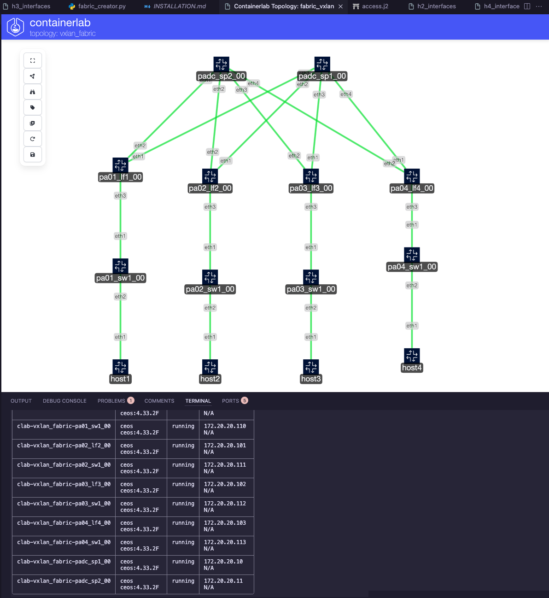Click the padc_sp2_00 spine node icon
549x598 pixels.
point(221,64)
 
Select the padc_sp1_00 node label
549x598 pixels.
point(322,76)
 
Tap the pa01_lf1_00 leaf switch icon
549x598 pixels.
point(120,165)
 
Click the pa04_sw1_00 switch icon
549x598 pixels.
point(412,255)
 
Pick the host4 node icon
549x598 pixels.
point(412,356)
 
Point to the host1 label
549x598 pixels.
point(120,379)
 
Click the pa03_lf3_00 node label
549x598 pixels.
point(311,188)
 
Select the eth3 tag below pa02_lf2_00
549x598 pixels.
point(210,207)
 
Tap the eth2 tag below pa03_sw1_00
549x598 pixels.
point(311,308)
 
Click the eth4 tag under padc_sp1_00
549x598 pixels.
point(346,94)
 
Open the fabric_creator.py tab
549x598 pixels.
point(101,6)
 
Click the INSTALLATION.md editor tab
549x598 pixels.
point(179,6)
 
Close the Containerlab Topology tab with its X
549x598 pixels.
point(341,6)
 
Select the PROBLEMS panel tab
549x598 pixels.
point(111,401)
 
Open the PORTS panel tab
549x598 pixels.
point(230,401)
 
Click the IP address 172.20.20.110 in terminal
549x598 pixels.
point(225,426)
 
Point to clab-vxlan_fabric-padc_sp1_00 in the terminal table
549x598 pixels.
point(64,562)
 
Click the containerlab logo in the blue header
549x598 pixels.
point(15,27)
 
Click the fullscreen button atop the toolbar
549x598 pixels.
point(33,60)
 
